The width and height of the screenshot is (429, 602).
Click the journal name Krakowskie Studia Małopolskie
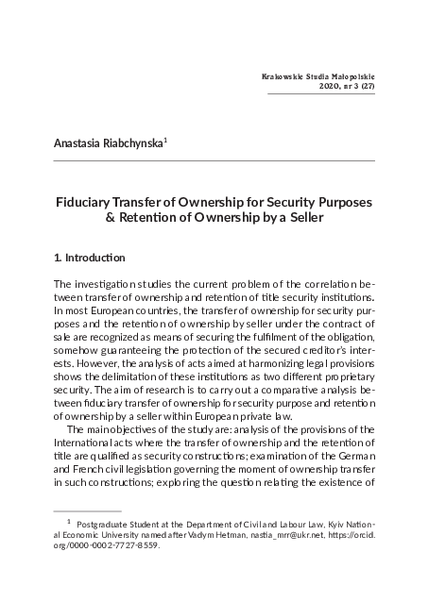[317, 73]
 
